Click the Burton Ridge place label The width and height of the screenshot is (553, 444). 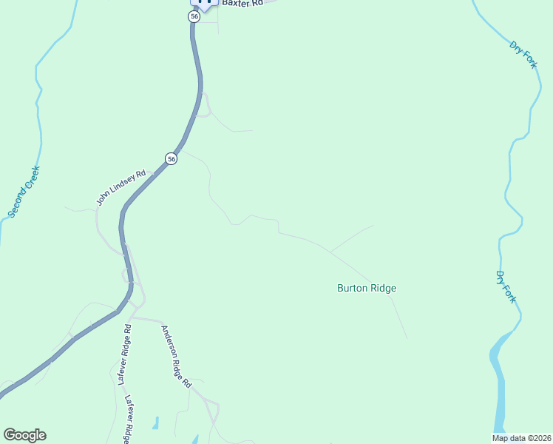[x=367, y=288]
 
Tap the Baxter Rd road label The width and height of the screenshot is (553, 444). [x=242, y=4]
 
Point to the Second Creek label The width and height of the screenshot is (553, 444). [x=24, y=192]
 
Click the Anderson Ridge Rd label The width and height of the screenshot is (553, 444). [x=177, y=357]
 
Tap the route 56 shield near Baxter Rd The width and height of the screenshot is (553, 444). [x=194, y=16]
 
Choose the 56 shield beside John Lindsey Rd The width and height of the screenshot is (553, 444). [x=172, y=159]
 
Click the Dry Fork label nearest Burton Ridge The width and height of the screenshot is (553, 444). [x=506, y=287]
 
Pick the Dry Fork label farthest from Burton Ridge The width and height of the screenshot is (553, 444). [x=523, y=55]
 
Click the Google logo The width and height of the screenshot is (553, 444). [x=24, y=435]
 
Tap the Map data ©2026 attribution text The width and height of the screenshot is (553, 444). [x=520, y=438]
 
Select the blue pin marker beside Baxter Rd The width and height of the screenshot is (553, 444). [x=206, y=3]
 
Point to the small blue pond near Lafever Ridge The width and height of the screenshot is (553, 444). [x=156, y=423]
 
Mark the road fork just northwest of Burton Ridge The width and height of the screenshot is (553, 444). [x=330, y=252]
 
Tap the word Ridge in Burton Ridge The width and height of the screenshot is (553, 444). [x=383, y=288]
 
